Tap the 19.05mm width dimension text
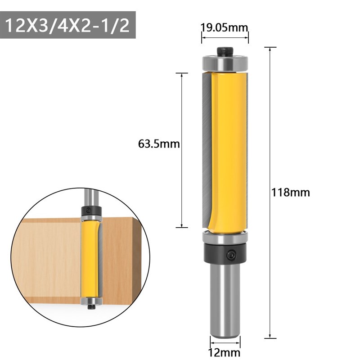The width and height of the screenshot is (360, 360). coord(224,27)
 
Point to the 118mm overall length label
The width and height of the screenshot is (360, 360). coord(291,193)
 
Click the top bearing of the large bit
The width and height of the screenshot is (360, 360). coord(225,63)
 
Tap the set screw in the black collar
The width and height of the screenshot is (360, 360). coord(231,254)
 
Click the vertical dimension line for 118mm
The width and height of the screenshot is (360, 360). coord(270,270)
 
